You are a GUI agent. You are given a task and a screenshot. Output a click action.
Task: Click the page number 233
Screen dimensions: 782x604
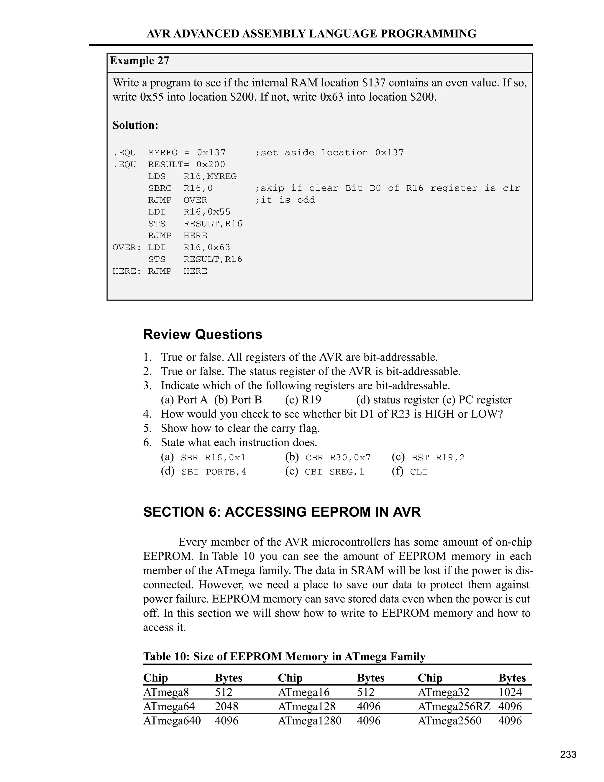pyautogui.click(x=568, y=755)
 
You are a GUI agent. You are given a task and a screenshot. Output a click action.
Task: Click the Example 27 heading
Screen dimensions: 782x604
pyautogui.click(x=139, y=61)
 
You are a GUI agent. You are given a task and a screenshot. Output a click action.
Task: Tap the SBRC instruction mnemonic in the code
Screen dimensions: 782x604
pyautogui.click(x=160, y=188)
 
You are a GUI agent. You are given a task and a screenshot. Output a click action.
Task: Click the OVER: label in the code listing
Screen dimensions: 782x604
pyautogui.click(x=127, y=247)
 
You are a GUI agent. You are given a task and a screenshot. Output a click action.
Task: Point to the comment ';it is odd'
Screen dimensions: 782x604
pyautogui.click(x=285, y=200)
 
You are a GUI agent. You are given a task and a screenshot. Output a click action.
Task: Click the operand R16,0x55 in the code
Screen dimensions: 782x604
pyautogui.click(x=207, y=212)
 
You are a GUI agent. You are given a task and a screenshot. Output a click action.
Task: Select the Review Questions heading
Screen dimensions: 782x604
pyautogui.click(x=203, y=334)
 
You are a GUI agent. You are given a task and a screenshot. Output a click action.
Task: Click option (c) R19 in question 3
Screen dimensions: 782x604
pyautogui.click(x=303, y=400)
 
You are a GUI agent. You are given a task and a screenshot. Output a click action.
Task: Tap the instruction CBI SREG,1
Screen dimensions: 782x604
pyautogui.click(x=334, y=472)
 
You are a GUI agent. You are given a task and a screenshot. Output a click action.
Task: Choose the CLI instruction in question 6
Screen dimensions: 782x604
pyautogui.click(x=419, y=472)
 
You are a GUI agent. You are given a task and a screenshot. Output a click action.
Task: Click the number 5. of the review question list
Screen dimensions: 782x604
pyautogui.click(x=147, y=428)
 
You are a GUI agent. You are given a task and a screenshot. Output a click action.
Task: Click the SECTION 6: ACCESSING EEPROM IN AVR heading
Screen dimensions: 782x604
pyautogui.click(x=282, y=512)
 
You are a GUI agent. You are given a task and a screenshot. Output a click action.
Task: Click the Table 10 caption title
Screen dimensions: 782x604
pyautogui.click(x=284, y=656)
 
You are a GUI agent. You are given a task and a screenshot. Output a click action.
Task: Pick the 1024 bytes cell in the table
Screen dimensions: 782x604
pyautogui.click(x=510, y=692)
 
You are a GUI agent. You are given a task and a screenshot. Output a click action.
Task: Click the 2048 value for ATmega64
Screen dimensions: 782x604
pyautogui.click(x=226, y=706)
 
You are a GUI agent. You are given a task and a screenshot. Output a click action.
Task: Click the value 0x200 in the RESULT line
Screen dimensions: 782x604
pyautogui.click(x=211, y=165)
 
